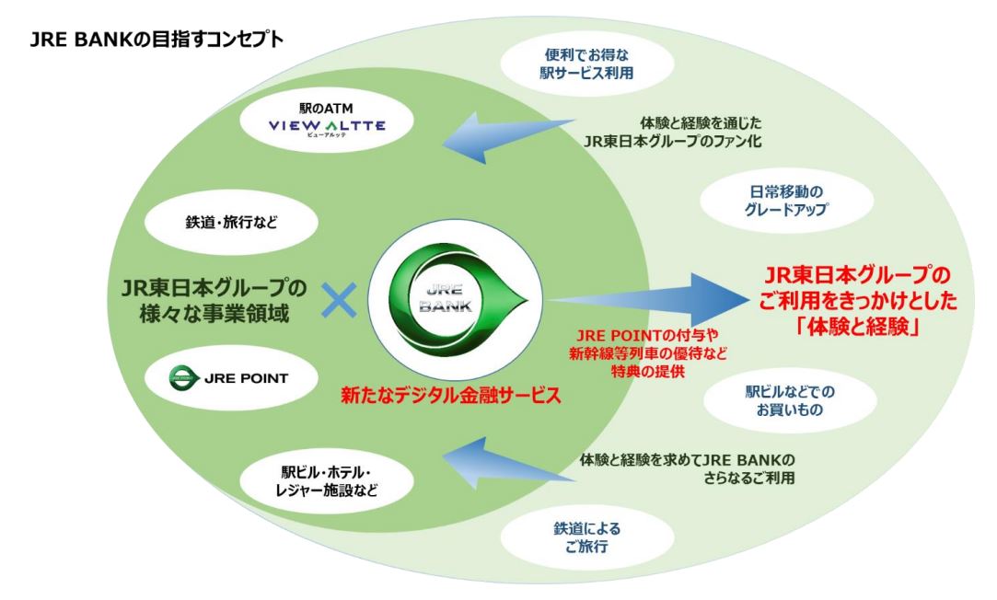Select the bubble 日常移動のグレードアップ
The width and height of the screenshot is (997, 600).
[771, 200]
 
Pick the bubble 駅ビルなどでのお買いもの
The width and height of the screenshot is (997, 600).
[771, 398]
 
